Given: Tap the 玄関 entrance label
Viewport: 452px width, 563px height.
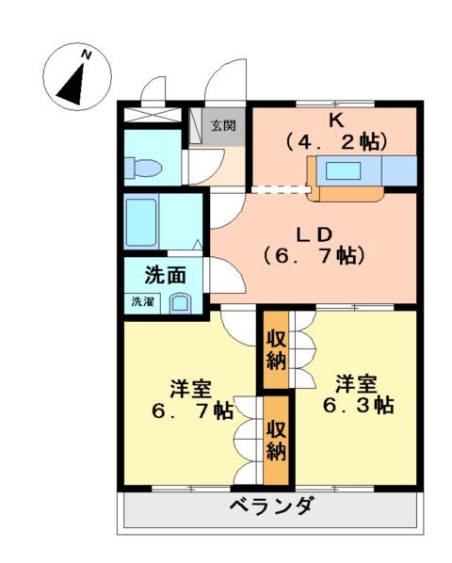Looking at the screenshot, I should (x=223, y=125).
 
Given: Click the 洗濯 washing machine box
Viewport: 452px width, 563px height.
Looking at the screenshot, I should (x=142, y=302).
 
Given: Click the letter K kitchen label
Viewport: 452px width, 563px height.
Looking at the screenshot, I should (x=334, y=120).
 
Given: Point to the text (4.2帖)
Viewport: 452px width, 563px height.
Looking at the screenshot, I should (x=335, y=142).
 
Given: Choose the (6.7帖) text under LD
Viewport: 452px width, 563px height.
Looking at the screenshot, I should (x=314, y=254).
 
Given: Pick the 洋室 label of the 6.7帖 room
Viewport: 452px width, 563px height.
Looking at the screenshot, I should (x=190, y=388).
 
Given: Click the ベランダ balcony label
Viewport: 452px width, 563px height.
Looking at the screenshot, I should (x=272, y=508).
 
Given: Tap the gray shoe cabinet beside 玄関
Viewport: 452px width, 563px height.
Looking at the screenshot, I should (x=198, y=126).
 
